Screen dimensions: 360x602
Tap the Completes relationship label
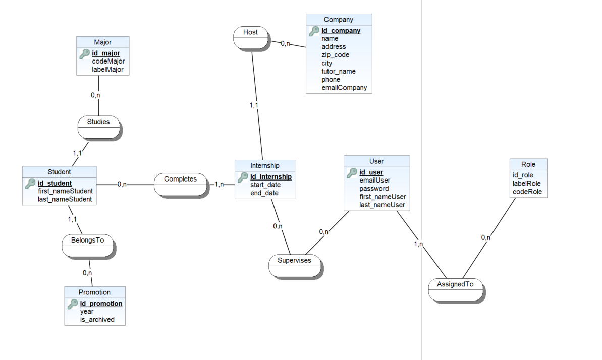coord(180,179)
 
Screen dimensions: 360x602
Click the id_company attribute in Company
coord(341,31)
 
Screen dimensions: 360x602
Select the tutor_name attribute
coord(338,72)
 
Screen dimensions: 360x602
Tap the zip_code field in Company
coord(335,55)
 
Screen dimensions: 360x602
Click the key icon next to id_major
coord(85,53)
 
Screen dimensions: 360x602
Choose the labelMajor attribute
coord(107,70)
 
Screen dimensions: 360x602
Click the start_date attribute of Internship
coord(265,185)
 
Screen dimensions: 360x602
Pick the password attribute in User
coord(374,189)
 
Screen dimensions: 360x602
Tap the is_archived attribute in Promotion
coord(97,320)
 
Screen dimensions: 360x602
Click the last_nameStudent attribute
coord(65,199)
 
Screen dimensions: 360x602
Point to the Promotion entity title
coord(94,292)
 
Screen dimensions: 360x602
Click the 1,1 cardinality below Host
coord(254,105)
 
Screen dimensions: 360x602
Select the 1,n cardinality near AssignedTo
coord(418,244)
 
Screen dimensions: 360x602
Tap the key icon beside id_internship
coord(243,177)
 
